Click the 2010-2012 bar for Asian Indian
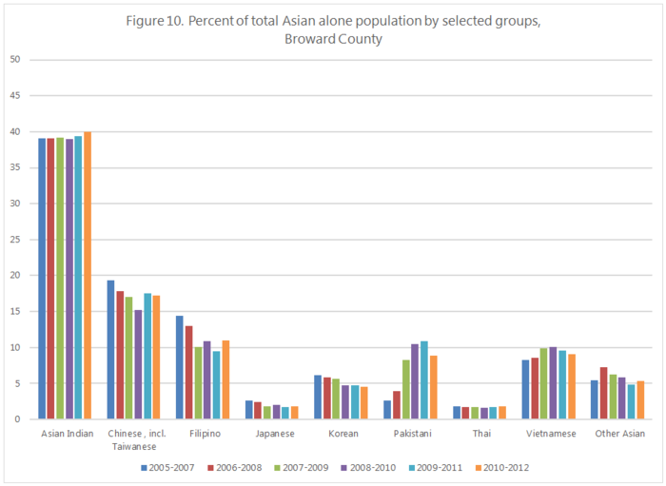(x=88, y=276)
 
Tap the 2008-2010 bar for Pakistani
(x=414, y=381)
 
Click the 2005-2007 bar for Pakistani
(x=386, y=410)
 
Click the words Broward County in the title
(x=332, y=40)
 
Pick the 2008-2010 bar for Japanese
(x=277, y=412)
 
